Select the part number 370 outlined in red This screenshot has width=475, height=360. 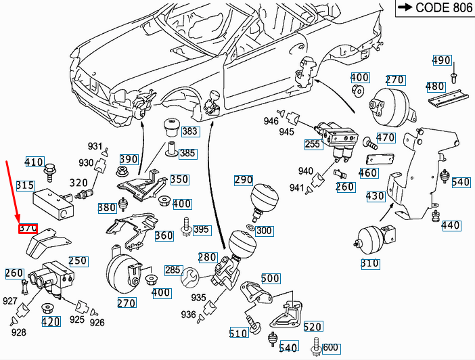28,229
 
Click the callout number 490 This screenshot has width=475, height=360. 441,60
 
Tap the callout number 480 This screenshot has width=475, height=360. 435,87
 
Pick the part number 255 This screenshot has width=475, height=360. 313,143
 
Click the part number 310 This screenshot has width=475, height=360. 369,263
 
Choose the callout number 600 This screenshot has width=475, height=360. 330,347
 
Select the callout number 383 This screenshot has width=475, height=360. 190,131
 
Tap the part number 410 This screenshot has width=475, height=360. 34,162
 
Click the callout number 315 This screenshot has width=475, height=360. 25,185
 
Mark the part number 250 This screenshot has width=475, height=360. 78,261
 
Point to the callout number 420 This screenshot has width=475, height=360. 50,321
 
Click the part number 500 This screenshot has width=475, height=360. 270,278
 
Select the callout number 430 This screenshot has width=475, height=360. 375,196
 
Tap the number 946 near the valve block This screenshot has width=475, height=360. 271,121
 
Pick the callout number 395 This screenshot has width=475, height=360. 201,230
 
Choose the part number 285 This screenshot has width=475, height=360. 173,271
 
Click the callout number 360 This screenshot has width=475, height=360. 164,235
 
